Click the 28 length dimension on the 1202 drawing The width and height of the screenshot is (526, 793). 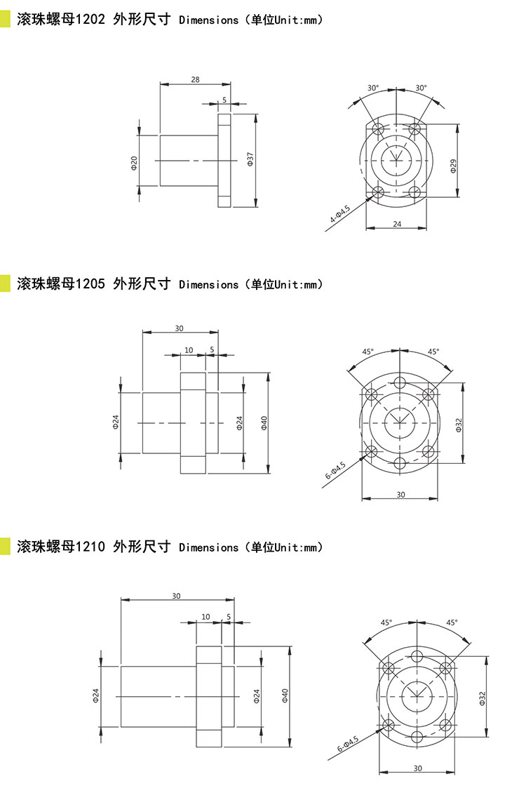(195, 79)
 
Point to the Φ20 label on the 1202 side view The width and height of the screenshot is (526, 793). (134, 162)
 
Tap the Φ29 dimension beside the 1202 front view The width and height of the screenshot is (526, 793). (453, 166)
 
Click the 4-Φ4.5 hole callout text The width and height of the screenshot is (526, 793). (340, 215)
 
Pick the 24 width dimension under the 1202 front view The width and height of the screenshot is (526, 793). (397, 224)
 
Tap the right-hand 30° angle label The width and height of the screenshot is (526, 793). (421, 88)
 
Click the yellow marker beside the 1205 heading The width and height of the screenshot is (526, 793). (5, 284)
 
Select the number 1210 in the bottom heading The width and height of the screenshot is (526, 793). (90, 546)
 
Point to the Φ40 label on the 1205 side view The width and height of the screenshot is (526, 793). (264, 422)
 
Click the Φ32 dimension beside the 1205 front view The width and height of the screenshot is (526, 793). (459, 425)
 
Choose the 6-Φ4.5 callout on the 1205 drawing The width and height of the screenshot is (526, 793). (335, 470)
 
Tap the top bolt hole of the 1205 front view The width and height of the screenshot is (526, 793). (400, 381)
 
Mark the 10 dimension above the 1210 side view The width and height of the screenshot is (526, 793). (205, 616)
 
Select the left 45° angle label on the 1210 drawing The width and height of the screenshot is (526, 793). (386, 622)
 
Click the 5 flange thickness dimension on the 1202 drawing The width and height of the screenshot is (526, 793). (224, 100)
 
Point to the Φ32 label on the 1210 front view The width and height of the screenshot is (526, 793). (482, 698)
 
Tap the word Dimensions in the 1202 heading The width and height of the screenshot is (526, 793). (209, 20)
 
